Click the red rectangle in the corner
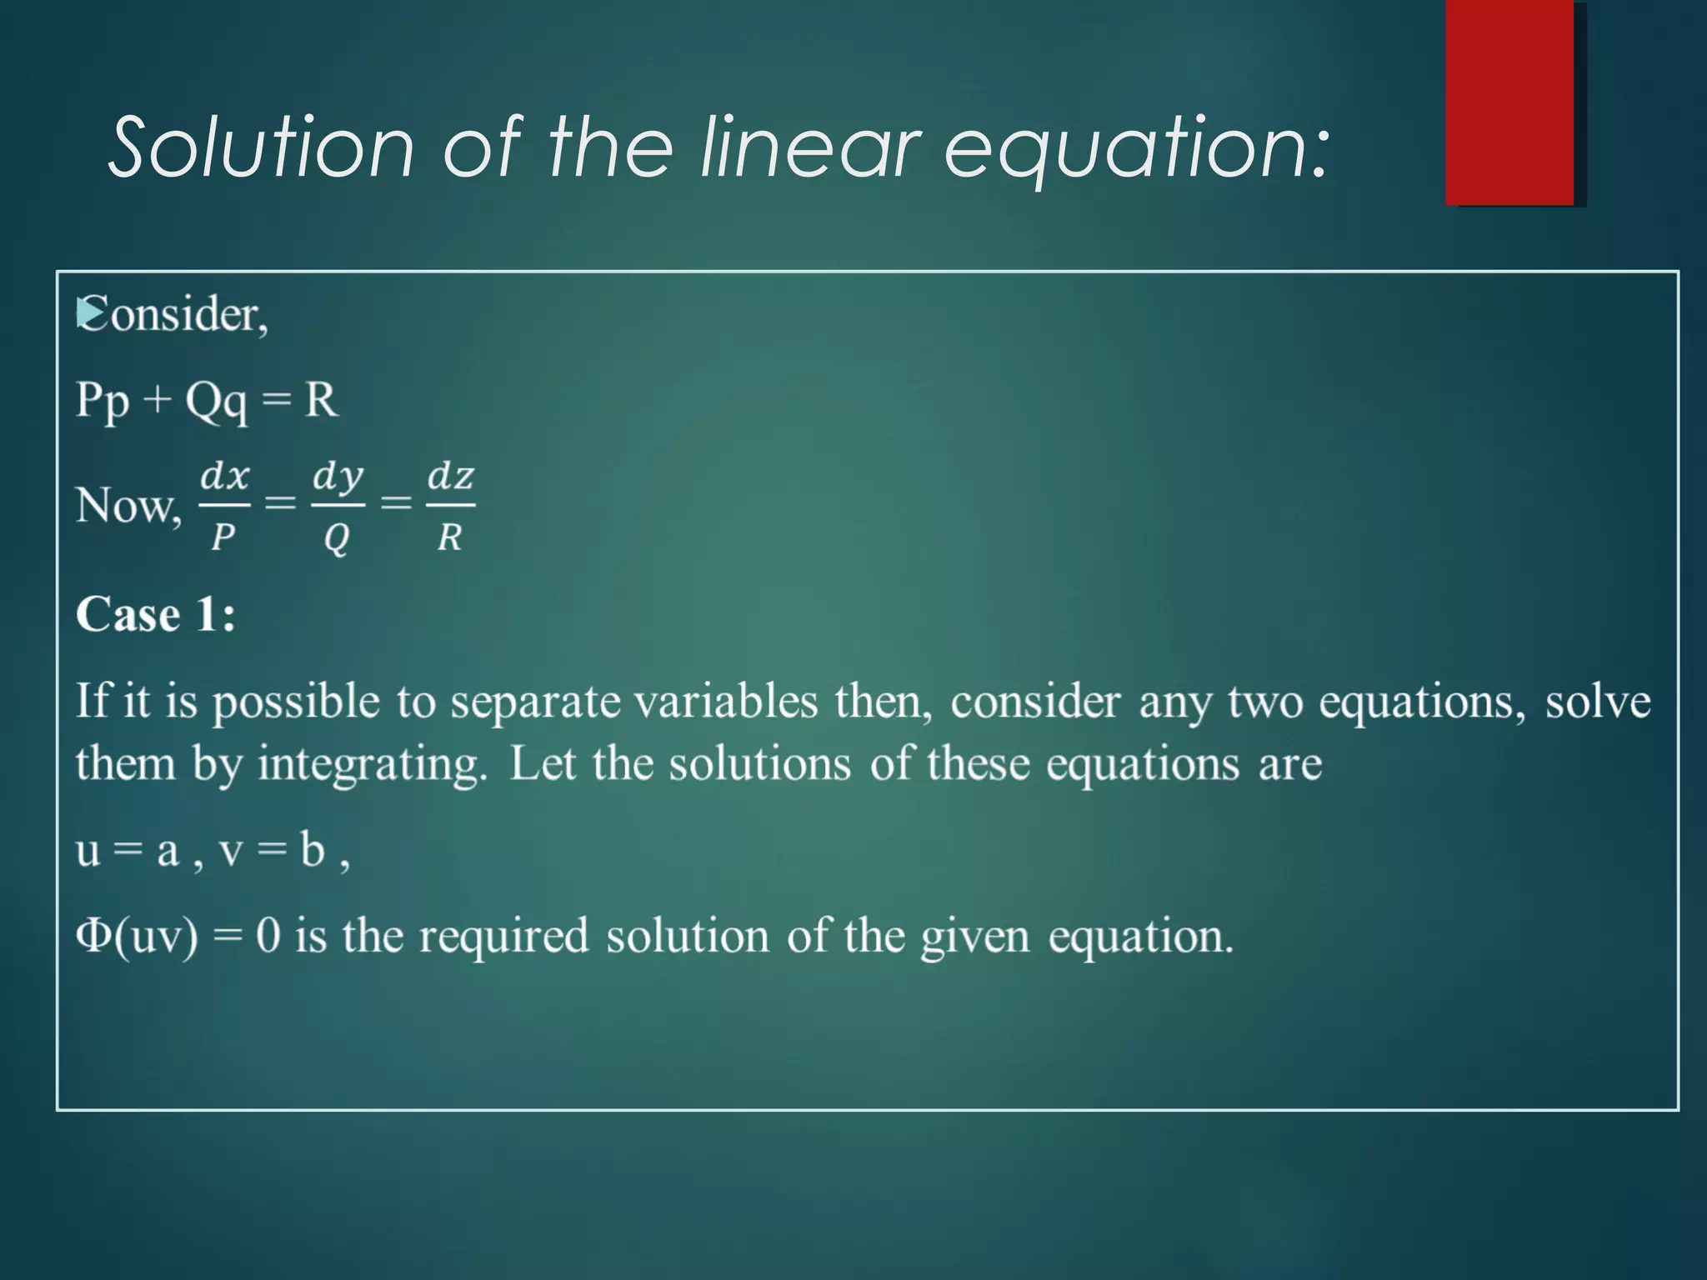pyautogui.click(x=1509, y=102)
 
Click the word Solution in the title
pyautogui.click(x=261, y=147)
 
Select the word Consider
pyautogui.click(x=175, y=315)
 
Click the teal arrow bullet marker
pyautogui.click(x=86, y=313)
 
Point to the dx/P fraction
pyautogui.click(x=224, y=505)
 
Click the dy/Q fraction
pyautogui.click(x=338, y=505)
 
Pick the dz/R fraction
pyautogui.click(x=450, y=505)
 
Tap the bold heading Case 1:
pyautogui.click(x=156, y=615)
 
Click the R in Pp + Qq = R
pyautogui.click(x=321, y=400)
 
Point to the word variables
pyautogui.click(x=725, y=702)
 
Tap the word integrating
pyautogui.click(x=372, y=764)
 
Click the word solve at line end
pyautogui.click(x=1597, y=702)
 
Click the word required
pyautogui.click(x=503, y=935)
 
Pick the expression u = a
pyautogui.click(x=128, y=851)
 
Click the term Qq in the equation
pyautogui.click(x=216, y=402)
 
